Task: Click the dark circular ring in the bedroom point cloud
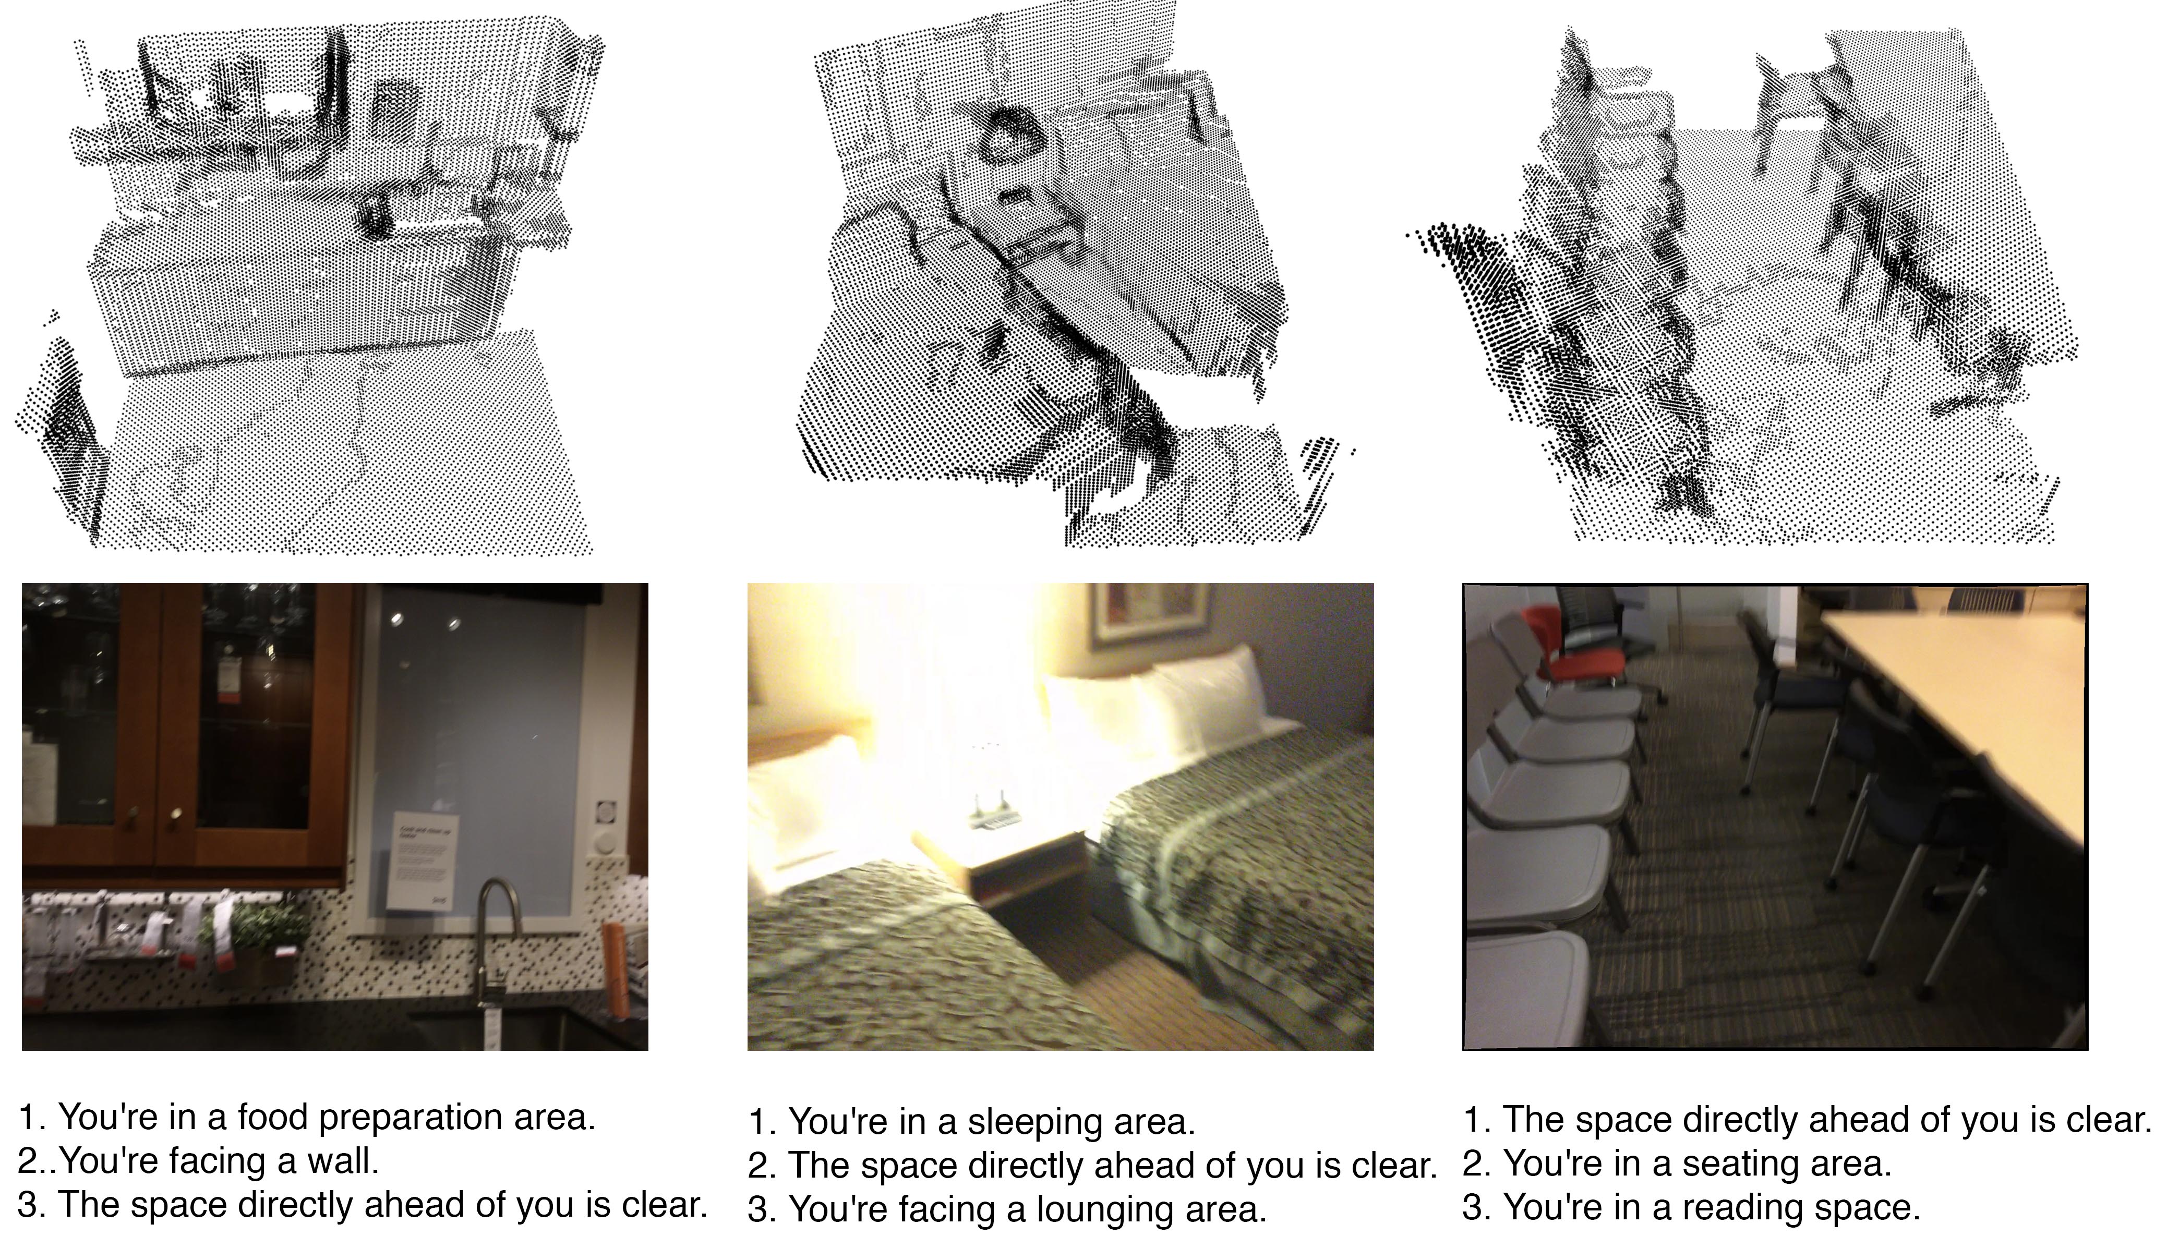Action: click(1012, 136)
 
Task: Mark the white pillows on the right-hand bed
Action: click(1163, 696)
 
